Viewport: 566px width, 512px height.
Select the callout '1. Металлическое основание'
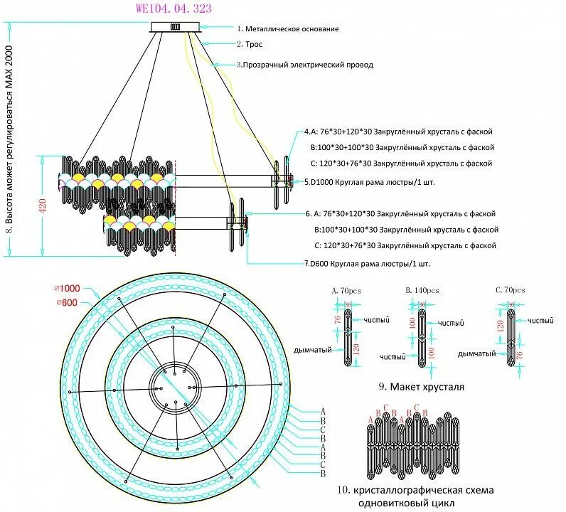287,29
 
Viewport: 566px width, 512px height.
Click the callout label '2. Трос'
250,44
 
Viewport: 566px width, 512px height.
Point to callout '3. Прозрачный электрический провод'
305,65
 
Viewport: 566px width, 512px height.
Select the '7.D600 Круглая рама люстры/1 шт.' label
367,264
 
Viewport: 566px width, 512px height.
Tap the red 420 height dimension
43,206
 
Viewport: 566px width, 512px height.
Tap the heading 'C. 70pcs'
510,290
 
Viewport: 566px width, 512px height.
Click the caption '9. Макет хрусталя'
421,388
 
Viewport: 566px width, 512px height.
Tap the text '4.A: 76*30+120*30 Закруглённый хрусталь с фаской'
397,132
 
